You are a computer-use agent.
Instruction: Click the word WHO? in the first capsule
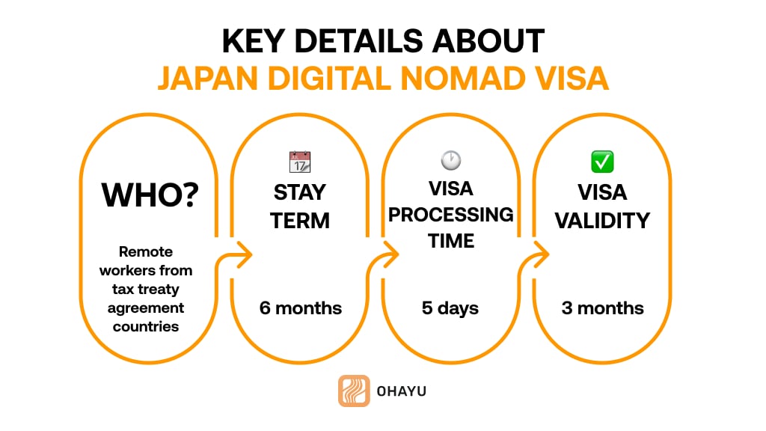tap(150, 194)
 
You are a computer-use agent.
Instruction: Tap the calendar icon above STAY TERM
tap(300, 162)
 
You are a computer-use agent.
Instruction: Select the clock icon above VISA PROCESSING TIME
tap(451, 159)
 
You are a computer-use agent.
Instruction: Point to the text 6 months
tap(300, 308)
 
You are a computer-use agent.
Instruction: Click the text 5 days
tap(451, 308)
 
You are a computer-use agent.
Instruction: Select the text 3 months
tap(602, 308)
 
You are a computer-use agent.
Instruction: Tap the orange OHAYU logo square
tap(354, 391)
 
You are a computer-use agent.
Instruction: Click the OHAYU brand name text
tap(402, 391)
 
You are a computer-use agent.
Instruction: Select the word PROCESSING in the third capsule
tap(451, 215)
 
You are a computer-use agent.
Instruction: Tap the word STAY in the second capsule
tap(300, 192)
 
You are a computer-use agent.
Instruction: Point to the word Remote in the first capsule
tap(146, 252)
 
